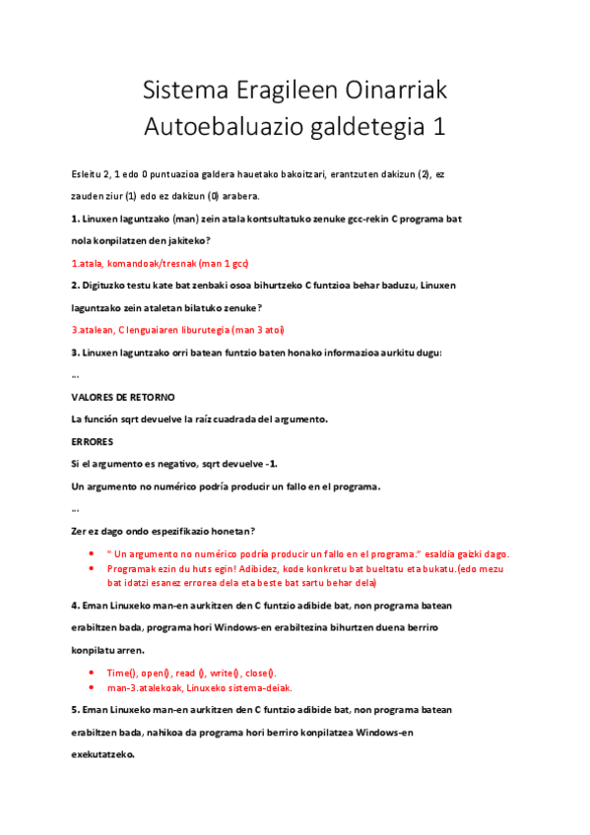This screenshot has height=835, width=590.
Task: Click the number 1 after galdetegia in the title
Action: [438, 128]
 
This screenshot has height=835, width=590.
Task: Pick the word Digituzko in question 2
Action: [105, 286]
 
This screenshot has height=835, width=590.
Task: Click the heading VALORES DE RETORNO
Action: [123, 396]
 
